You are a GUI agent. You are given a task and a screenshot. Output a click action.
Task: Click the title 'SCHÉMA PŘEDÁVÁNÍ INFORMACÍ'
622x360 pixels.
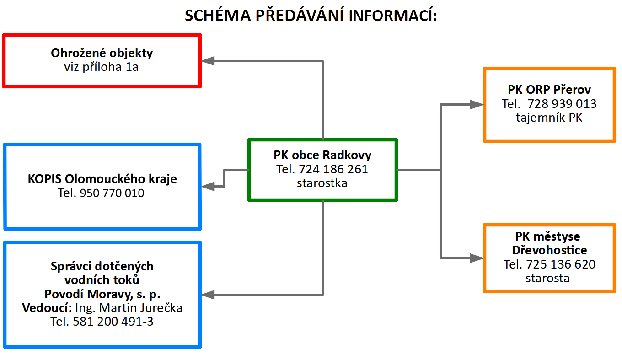click(x=311, y=15)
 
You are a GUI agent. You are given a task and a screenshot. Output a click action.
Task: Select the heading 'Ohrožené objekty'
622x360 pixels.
click(x=102, y=53)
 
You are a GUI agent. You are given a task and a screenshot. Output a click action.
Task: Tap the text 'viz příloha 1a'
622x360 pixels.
click(x=101, y=67)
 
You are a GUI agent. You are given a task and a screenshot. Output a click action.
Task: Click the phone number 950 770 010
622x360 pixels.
click(x=112, y=193)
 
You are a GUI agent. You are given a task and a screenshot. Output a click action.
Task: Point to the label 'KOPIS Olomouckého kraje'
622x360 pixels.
click(x=102, y=179)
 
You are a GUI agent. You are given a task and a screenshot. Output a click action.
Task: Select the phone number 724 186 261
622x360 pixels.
click(x=333, y=169)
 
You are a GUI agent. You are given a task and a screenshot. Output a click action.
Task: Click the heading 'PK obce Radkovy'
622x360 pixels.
click(x=322, y=155)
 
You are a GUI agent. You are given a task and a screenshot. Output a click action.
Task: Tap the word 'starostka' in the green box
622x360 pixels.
click(x=322, y=183)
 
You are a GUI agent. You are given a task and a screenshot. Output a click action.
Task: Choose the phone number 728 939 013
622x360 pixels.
click(x=562, y=104)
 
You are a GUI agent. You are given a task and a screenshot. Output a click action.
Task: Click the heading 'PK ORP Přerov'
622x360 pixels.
click(x=549, y=90)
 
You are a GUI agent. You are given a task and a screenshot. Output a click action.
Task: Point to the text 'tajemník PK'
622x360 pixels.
click(x=549, y=118)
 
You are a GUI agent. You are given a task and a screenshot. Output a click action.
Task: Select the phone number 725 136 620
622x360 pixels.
click(x=561, y=264)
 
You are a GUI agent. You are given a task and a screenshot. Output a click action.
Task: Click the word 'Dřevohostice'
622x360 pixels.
click(x=550, y=250)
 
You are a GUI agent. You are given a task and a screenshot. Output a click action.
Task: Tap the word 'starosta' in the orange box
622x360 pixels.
click(x=547, y=278)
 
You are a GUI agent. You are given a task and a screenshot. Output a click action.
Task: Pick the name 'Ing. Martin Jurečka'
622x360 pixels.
click(x=129, y=308)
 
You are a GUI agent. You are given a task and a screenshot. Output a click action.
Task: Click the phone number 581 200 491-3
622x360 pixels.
click(x=113, y=322)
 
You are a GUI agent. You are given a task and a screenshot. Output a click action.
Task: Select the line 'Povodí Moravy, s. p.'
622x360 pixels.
click(x=102, y=294)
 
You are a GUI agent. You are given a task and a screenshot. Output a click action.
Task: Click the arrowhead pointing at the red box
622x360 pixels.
click(x=208, y=61)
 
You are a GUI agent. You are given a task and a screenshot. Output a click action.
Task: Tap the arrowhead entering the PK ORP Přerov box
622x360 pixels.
click(x=477, y=104)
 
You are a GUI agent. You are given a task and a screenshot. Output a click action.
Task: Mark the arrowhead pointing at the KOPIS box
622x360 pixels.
click(x=208, y=186)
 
